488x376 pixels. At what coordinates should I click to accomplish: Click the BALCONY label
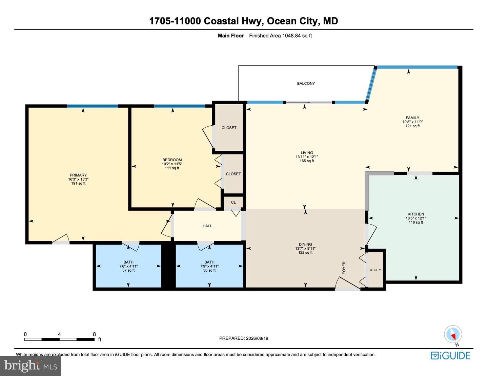click(306, 84)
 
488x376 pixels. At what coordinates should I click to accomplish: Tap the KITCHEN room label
click(416, 214)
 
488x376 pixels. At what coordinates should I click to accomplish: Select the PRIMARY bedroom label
click(78, 175)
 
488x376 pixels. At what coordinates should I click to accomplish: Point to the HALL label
click(207, 226)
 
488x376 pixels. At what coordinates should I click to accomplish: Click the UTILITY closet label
click(375, 270)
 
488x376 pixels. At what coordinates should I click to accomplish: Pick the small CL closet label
click(233, 202)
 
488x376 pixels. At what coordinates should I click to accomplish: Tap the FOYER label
click(344, 268)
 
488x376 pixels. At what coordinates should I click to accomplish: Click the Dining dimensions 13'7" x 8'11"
click(305, 249)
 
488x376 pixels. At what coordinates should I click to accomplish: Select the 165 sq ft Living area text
click(307, 161)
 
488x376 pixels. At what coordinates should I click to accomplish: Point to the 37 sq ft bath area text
click(128, 270)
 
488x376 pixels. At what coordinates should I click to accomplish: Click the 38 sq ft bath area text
click(209, 270)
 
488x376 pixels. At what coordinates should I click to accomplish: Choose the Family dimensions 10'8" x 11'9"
click(412, 122)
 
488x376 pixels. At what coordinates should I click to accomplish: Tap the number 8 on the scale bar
click(95, 334)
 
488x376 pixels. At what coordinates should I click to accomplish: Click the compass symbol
click(453, 334)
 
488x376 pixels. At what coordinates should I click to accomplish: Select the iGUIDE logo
click(450, 356)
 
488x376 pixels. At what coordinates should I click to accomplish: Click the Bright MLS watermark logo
click(30, 366)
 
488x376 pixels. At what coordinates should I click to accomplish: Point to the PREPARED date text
click(244, 338)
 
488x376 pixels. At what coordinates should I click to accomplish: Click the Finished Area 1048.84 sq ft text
click(281, 36)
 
